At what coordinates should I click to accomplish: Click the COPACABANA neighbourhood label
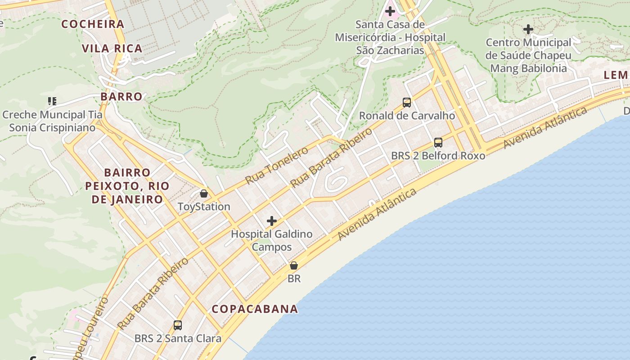[x=255, y=309]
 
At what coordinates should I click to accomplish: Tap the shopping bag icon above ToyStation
[x=204, y=193]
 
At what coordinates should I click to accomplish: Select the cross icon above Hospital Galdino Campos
[x=272, y=221]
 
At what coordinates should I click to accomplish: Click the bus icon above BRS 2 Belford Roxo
[x=438, y=143]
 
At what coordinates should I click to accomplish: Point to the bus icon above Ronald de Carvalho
[x=407, y=103]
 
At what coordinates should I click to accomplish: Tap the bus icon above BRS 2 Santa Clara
[x=178, y=325]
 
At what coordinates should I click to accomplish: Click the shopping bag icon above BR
[x=294, y=265]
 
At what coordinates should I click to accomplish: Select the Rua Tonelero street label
[x=277, y=165]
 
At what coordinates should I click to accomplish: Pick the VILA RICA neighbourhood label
[x=112, y=49]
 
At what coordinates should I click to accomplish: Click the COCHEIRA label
[x=93, y=24]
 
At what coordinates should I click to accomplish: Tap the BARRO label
[x=121, y=96]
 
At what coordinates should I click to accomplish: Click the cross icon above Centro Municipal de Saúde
[x=528, y=30]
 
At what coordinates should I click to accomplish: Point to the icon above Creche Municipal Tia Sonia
[x=52, y=101]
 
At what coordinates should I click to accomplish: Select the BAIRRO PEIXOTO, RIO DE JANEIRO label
[x=127, y=186]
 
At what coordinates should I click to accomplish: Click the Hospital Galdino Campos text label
[x=271, y=240]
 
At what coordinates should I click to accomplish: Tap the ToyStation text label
[x=204, y=207]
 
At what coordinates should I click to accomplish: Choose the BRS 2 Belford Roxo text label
[x=438, y=156]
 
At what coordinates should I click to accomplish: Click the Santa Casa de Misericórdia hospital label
[x=390, y=37]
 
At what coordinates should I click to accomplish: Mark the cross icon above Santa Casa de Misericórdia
[x=390, y=11]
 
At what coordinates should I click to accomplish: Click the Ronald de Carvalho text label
[x=407, y=116]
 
